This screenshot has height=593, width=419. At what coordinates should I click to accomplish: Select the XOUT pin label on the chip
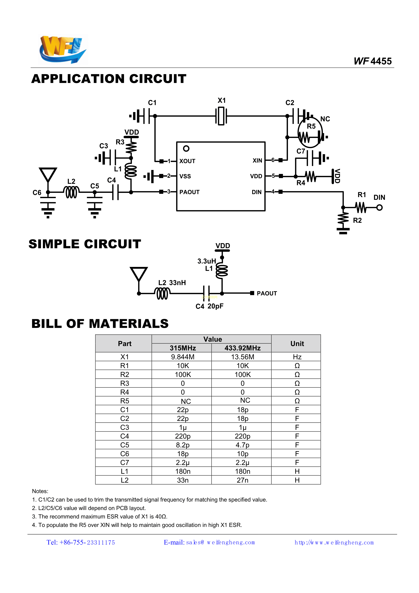pos(187,161)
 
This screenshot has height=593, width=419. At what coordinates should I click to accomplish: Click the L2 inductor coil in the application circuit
pos(71,192)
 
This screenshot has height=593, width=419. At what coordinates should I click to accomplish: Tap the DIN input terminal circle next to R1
pos(379,207)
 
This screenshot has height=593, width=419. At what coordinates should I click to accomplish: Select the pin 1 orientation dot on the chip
pos(186,149)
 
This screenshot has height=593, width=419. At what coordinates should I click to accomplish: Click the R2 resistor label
pos(357,220)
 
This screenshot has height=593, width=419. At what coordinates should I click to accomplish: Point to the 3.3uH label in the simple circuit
pos(206,261)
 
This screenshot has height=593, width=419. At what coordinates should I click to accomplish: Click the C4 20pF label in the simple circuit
pos(209,306)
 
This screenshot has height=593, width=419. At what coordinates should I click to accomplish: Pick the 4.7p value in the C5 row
pos(242,445)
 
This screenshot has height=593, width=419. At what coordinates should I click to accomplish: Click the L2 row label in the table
pos(125,480)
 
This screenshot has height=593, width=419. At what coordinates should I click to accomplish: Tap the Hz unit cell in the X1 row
pos(297,357)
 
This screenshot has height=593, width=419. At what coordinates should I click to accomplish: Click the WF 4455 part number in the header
pos(373,61)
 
